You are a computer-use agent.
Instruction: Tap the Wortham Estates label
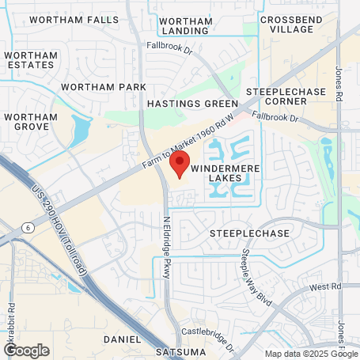(x=30, y=59)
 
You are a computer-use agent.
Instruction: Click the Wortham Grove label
(x=30, y=122)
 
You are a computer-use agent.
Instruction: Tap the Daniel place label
(x=121, y=339)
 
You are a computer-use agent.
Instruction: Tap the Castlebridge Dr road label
(x=209, y=331)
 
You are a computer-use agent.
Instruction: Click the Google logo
(x=26, y=350)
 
